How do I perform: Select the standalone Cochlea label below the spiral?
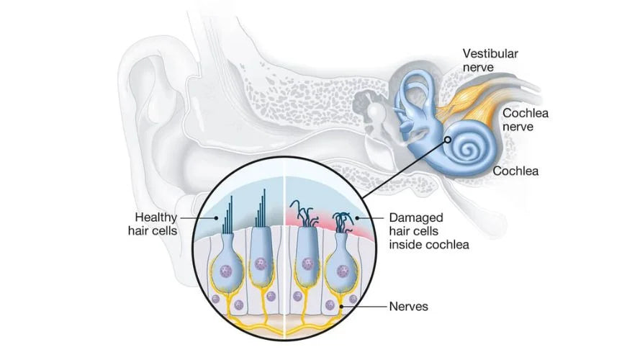click(x=515, y=171)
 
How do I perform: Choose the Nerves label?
click(x=409, y=307)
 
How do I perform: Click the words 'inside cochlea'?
click(x=429, y=245)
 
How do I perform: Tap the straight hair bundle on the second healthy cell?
click(x=261, y=206)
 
